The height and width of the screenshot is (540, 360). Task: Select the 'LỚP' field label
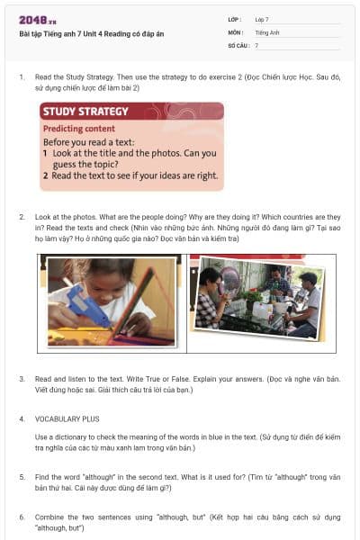tap(235, 19)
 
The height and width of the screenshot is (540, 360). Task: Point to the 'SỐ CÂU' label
tap(238, 44)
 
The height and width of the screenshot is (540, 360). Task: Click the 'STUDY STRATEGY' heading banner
tap(85, 112)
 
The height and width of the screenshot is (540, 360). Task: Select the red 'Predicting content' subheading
tap(80, 129)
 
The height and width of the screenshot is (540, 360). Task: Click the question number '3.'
tap(22, 379)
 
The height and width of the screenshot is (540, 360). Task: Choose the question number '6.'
tap(22, 517)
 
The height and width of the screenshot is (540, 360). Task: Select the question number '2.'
tap(22, 218)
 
